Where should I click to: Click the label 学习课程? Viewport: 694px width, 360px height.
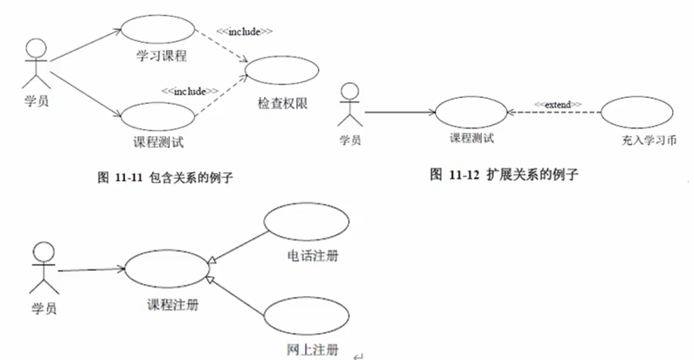coord(162,56)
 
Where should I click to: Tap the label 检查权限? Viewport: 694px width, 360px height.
coord(282,103)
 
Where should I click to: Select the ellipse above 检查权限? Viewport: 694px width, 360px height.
coord(245,70)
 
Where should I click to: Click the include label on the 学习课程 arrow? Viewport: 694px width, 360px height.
coord(245,31)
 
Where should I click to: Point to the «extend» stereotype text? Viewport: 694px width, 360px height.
coord(558,105)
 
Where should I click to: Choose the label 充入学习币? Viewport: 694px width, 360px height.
coord(649,141)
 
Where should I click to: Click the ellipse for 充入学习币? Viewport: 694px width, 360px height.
coord(601,113)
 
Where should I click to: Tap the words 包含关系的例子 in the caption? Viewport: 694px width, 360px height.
coord(191,177)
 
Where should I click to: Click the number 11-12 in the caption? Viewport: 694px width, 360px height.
coord(464,175)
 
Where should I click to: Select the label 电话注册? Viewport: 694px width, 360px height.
coord(313,256)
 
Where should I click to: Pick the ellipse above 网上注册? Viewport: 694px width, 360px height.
coord(265,316)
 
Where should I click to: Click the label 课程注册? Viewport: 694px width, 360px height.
coord(172,305)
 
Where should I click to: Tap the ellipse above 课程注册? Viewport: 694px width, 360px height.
coord(125,268)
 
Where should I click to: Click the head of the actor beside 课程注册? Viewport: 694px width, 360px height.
coord(44,253)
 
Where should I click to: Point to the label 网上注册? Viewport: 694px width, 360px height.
coord(313,350)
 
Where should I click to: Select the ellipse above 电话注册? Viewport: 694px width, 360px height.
coord(265,221)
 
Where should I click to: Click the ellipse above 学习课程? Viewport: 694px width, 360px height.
coord(121,29)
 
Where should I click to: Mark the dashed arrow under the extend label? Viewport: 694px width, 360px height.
coord(553,113)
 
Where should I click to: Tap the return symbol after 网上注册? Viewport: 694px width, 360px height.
coord(358,356)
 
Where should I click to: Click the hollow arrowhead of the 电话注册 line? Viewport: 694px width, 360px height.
coord(212,260)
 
